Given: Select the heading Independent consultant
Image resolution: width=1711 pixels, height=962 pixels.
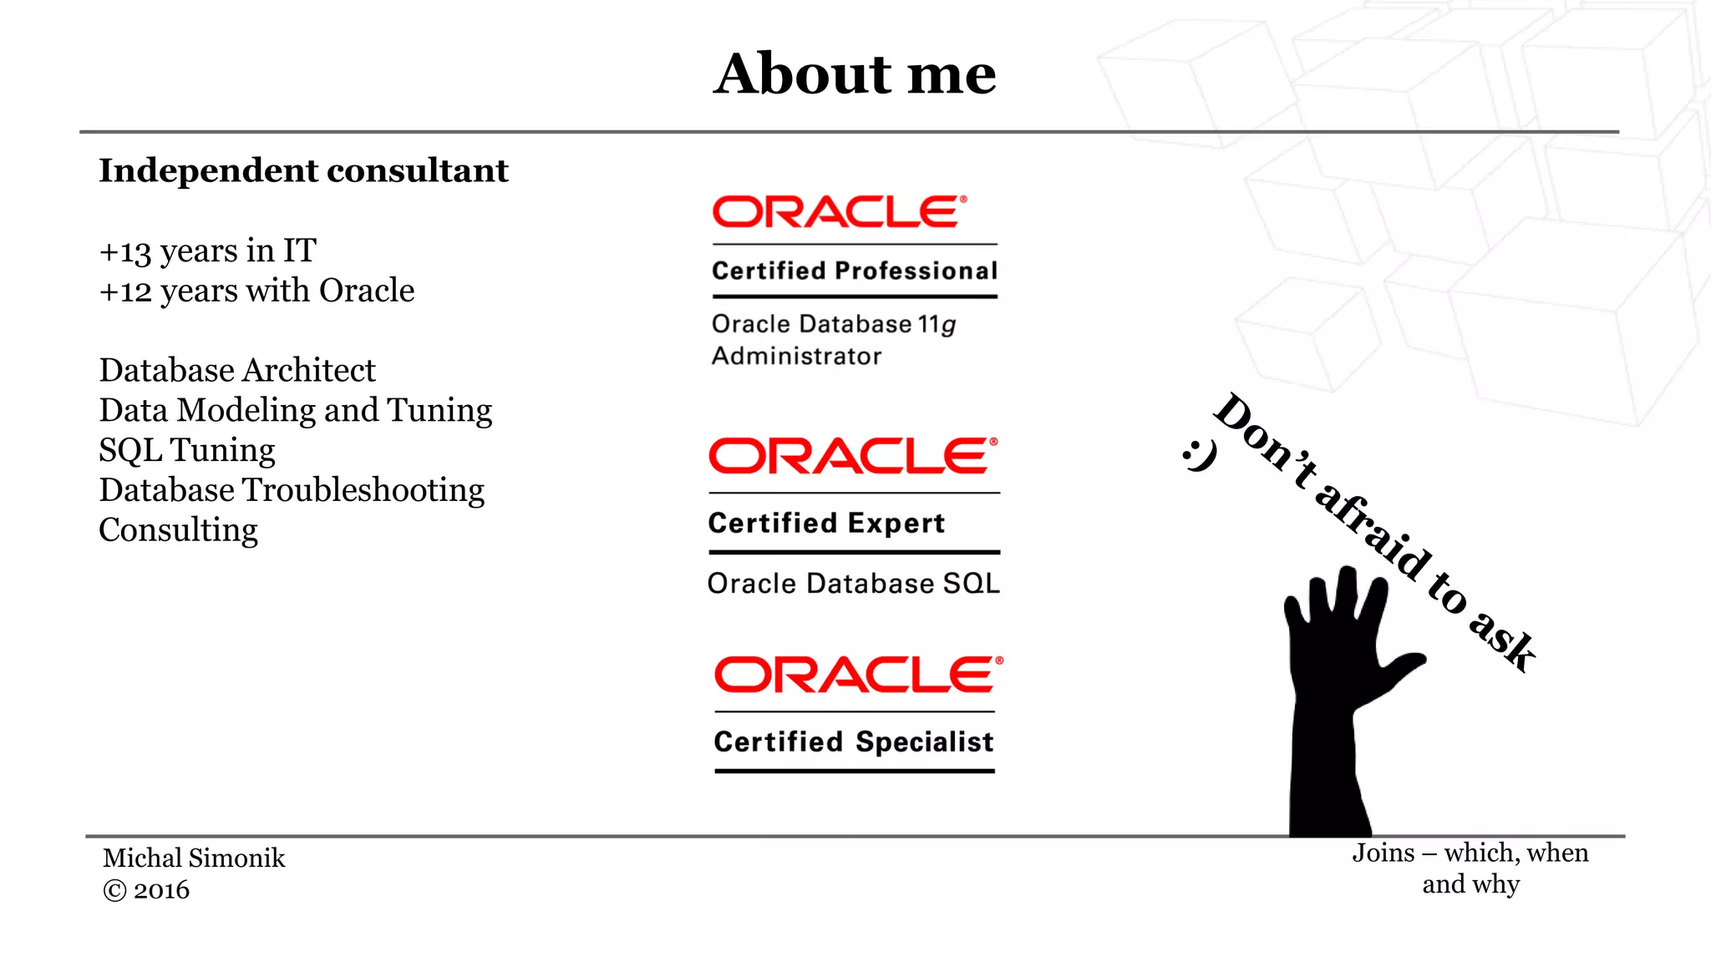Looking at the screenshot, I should (303, 170).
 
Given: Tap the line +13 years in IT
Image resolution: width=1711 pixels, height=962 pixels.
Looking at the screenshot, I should (207, 251).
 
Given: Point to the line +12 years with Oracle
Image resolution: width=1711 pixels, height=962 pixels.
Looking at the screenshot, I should (256, 291).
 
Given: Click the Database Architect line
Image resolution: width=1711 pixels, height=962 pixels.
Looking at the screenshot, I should (237, 370).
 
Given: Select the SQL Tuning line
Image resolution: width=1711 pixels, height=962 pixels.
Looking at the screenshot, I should (187, 450).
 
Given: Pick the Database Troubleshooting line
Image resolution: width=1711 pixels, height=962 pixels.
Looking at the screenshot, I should (292, 490).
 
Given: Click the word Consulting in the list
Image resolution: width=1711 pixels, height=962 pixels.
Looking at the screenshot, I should (178, 530).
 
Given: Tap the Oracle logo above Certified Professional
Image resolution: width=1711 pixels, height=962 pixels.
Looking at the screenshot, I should (839, 212).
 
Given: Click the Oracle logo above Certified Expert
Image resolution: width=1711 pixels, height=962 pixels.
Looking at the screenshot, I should (853, 456).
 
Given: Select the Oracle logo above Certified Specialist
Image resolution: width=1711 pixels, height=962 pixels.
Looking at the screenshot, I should (858, 675).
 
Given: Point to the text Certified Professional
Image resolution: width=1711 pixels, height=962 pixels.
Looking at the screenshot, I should (855, 271).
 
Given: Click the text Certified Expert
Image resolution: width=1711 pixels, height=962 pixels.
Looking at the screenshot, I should (826, 523).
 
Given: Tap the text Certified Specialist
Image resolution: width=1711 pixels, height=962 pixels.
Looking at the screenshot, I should (854, 742).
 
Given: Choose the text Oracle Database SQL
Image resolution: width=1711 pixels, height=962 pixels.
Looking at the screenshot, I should (853, 583).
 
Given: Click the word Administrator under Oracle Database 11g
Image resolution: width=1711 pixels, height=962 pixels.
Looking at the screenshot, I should (796, 357).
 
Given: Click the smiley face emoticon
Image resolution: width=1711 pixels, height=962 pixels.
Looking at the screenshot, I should (1200, 455).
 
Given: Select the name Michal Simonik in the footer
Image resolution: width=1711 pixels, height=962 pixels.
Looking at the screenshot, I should (194, 858).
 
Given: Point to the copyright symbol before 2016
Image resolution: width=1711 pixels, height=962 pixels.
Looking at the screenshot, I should (114, 891).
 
